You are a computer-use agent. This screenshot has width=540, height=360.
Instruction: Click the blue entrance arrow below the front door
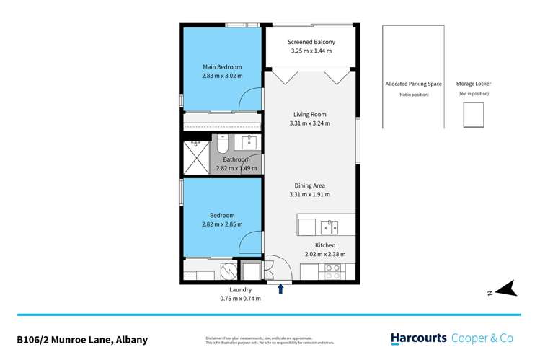point(280,289)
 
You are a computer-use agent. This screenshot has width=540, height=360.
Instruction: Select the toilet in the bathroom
point(223,146)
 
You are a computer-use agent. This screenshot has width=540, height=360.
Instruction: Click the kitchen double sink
point(330,228)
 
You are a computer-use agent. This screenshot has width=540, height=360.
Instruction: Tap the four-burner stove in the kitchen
point(334,272)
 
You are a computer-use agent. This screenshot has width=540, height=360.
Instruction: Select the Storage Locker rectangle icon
point(474,114)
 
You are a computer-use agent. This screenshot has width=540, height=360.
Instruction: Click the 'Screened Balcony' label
point(311,42)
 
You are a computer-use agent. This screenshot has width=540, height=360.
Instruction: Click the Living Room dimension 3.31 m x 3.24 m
point(310,123)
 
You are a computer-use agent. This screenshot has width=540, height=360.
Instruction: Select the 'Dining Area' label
point(310,185)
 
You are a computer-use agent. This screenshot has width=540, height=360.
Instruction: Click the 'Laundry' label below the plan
point(241,289)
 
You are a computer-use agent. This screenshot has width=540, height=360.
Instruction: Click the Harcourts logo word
point(419,338)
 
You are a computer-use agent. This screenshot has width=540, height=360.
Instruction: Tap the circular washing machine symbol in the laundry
point(229,271)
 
